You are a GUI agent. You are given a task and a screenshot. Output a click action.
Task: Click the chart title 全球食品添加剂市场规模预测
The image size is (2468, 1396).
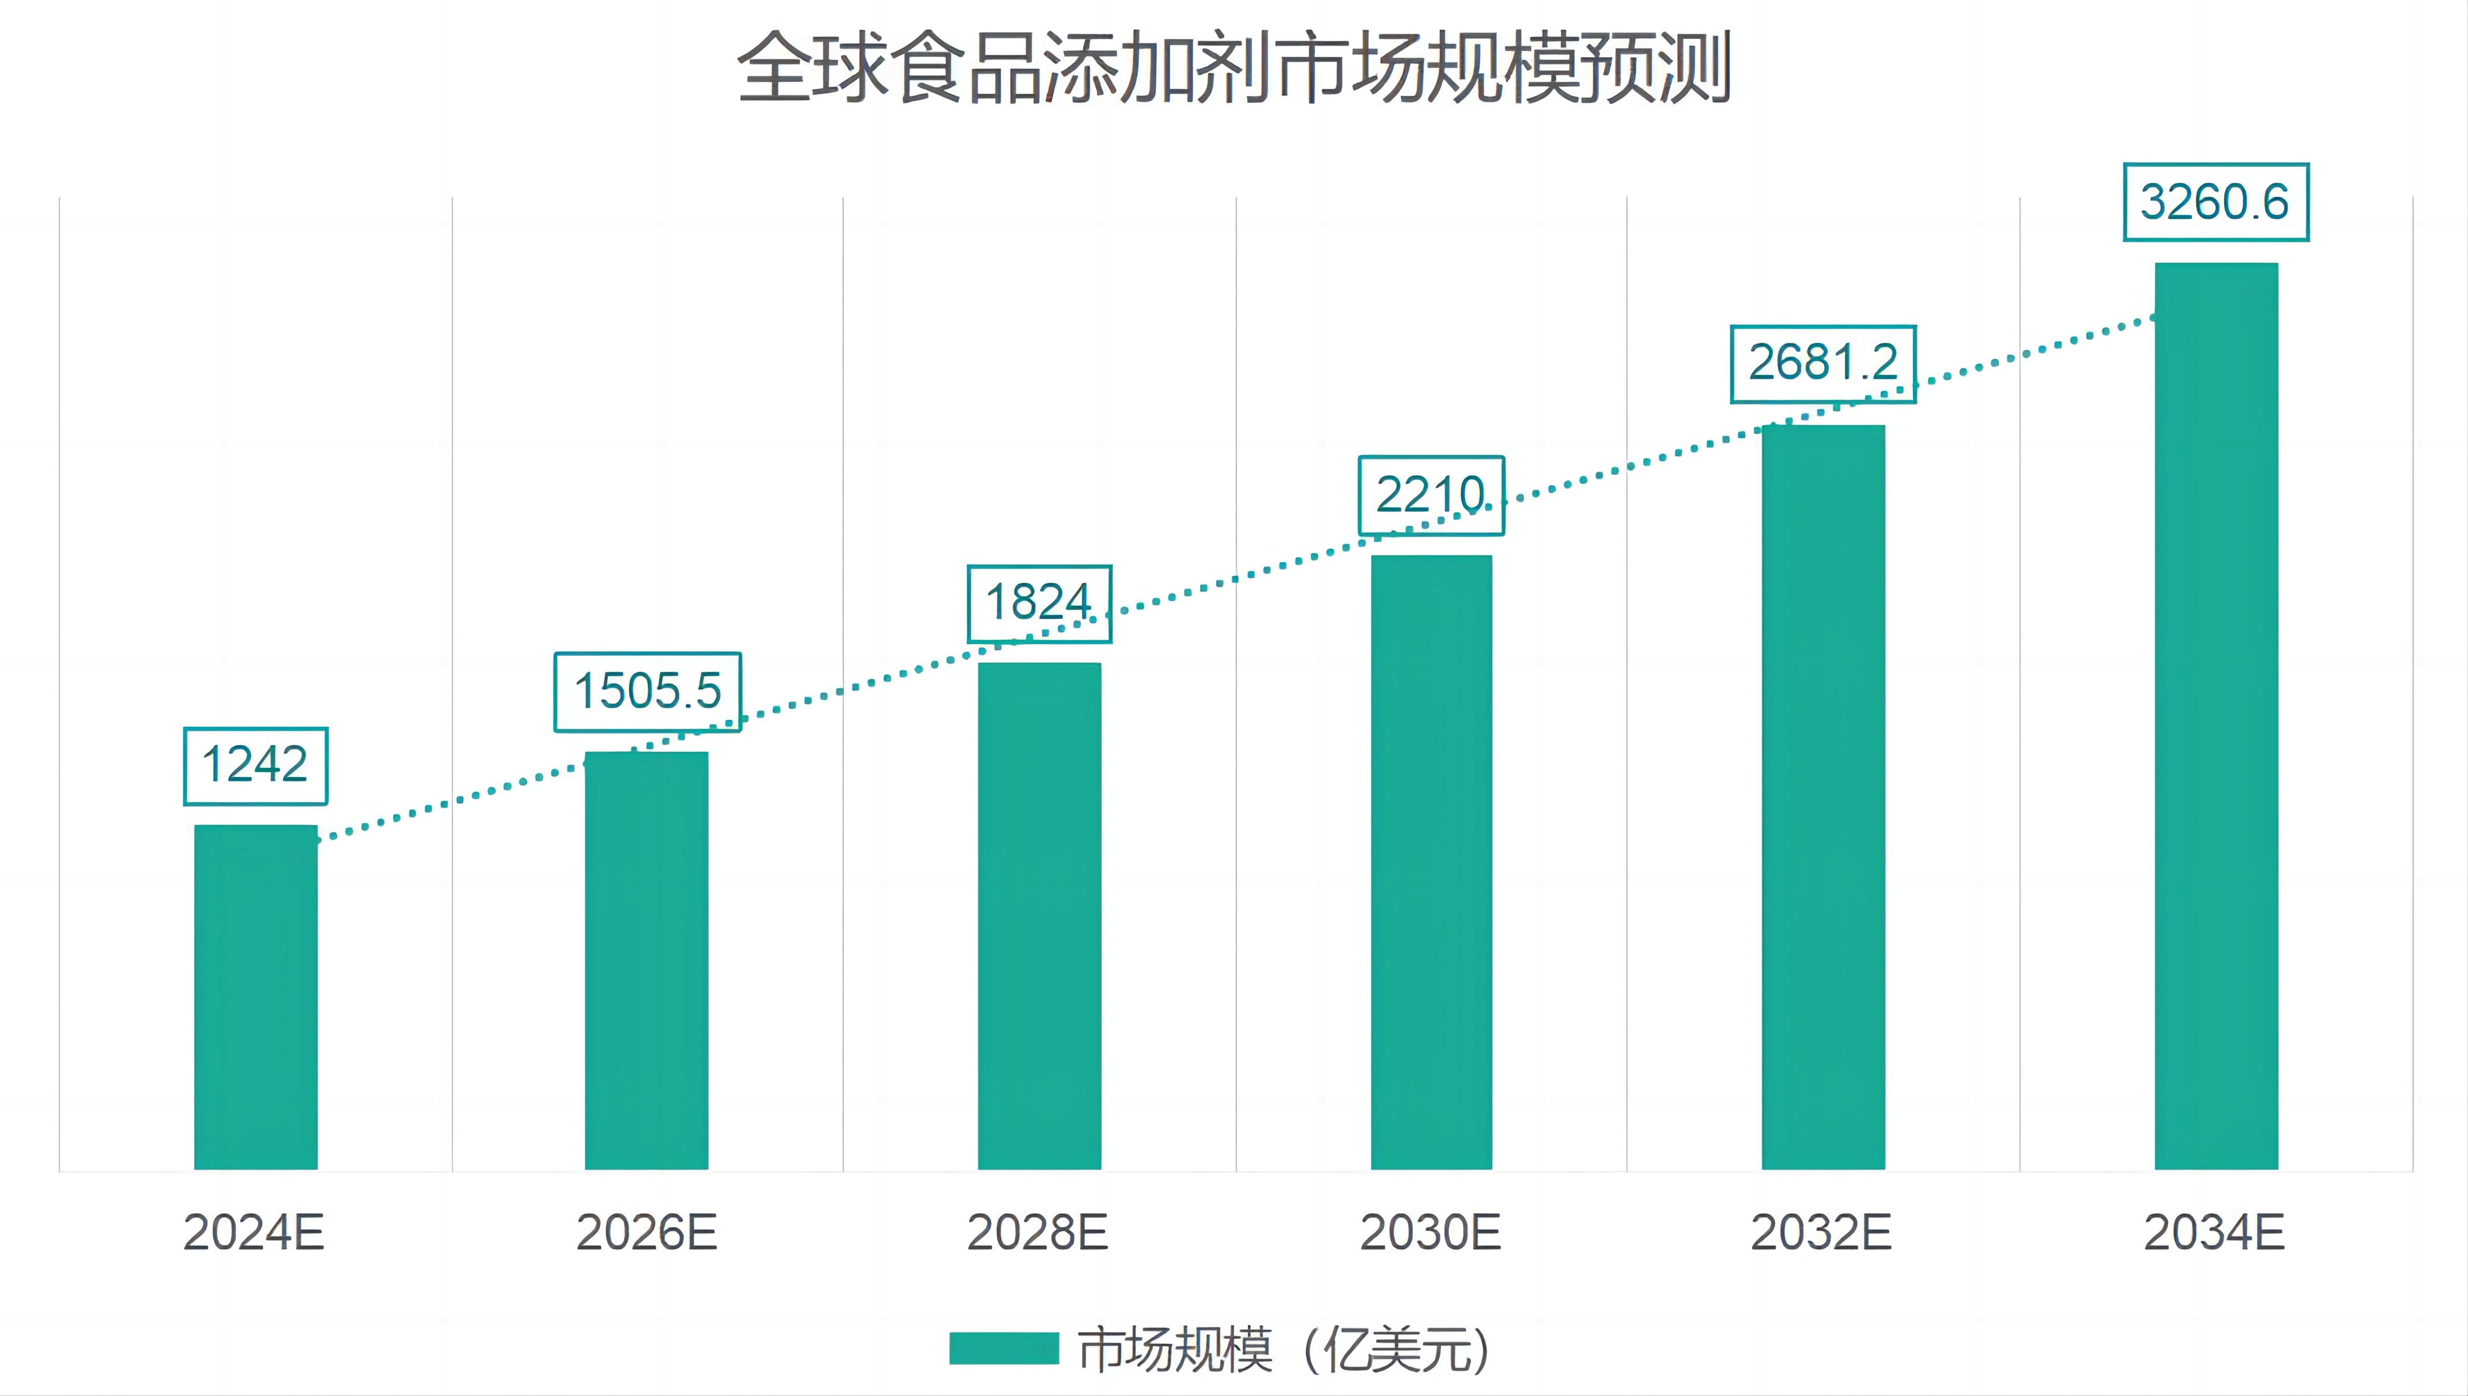point(1234,67)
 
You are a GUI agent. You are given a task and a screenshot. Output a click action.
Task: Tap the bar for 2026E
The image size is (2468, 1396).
point(646,961)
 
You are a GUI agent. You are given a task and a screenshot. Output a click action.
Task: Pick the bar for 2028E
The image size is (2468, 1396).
point(1039,916)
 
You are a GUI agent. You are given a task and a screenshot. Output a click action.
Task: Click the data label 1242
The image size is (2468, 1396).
point(255,765)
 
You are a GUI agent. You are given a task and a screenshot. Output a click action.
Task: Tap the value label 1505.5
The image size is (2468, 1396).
point(647,691)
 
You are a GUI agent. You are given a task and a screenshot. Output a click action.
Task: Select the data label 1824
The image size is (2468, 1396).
point(1039,603)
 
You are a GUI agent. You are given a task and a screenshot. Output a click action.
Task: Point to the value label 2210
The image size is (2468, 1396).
point(1431,495)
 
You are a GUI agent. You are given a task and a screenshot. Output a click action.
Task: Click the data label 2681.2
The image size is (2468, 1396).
point(1822,363)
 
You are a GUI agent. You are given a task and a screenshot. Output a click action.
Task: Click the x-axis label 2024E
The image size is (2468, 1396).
point(254,1232)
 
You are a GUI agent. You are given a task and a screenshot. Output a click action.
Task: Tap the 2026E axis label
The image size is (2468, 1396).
point(646,1232)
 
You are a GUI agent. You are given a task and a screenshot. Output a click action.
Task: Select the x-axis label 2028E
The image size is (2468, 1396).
point(1037,1232)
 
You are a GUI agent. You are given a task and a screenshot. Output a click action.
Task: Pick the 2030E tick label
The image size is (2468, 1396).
point(1429,1232)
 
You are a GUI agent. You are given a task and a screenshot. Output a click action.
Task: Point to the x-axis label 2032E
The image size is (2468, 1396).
point(1821,1232)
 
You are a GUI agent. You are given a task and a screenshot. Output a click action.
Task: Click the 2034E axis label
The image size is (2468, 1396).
point(2214,1232)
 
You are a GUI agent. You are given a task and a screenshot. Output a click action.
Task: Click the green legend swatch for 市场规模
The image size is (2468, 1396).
point(1004,1348)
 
